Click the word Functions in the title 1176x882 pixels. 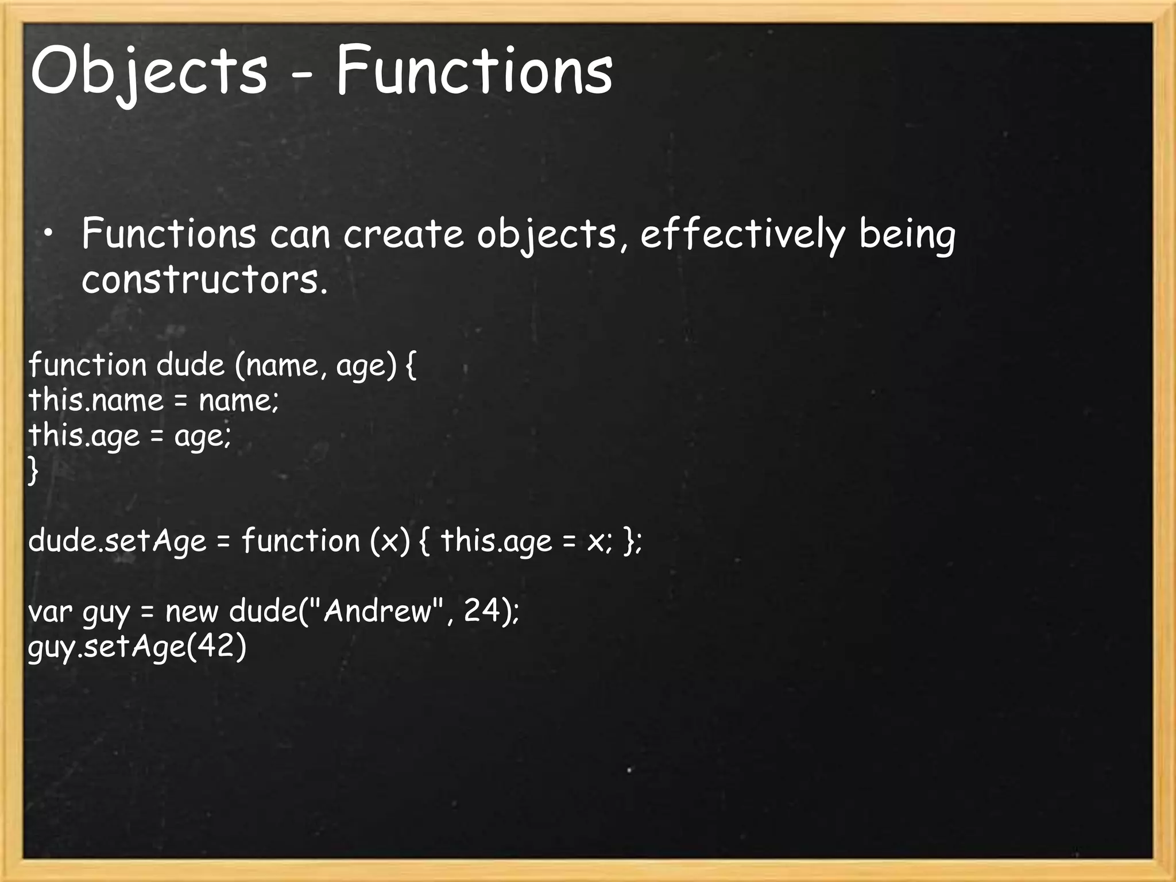(x=474, y=72)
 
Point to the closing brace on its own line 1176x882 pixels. (x=33, y=471)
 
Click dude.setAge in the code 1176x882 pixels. (x=117, y=541)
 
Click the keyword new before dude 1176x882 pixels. (x=192, y=611)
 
